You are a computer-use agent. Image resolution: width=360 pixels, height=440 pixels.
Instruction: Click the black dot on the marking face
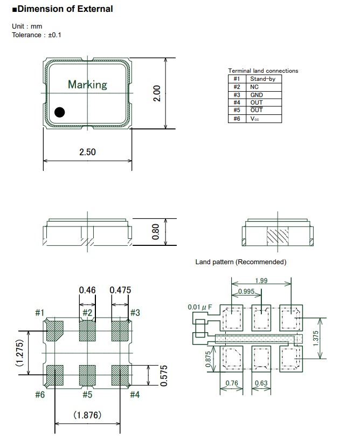coord(59,112)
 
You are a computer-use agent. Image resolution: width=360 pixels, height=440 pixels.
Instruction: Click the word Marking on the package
coord(87,85)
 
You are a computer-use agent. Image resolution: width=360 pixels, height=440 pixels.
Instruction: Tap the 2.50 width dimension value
coord(87,152)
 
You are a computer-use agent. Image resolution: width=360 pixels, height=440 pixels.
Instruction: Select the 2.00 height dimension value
coord(156,93)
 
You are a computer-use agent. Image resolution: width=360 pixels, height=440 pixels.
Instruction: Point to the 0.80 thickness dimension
coord(156,232)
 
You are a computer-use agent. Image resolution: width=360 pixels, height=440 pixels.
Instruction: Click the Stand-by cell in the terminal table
coord(262,79)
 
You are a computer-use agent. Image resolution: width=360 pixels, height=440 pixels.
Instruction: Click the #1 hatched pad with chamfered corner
coord(54,331)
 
